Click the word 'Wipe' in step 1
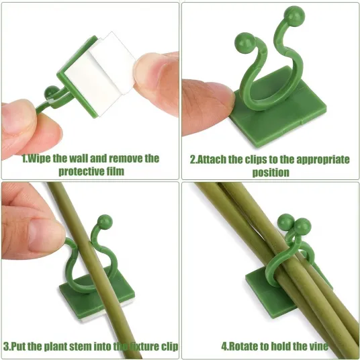coord(39,159)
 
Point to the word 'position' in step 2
coord(271,173)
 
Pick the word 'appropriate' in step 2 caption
coord(323,160)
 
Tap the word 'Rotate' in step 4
coord(243,346)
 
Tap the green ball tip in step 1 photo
coord(52,91)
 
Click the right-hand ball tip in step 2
coord(294,15)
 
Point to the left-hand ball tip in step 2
coord(244,43)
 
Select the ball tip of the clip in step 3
coord(105,221)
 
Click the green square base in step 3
coord(97,296)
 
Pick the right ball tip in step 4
coord(302,226)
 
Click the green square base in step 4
coord(271,291)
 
